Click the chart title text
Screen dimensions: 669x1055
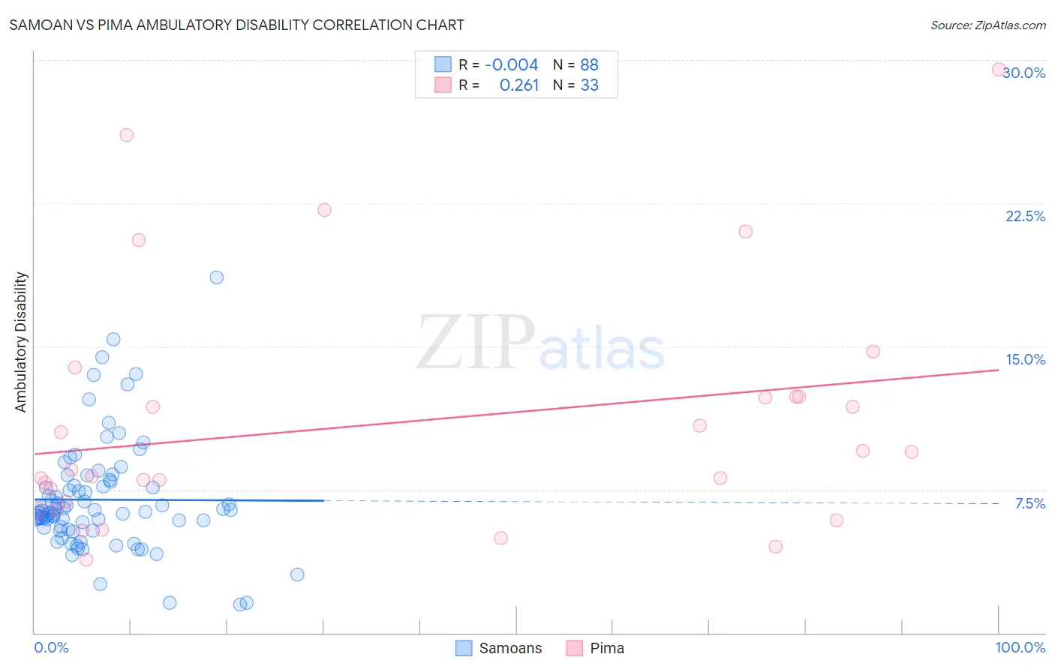(x=236, y=25)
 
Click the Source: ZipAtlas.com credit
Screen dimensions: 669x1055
(x=987, y=25)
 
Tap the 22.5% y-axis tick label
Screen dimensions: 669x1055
(x=1025, y=216)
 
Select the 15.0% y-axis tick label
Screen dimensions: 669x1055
(x=1025, y=359)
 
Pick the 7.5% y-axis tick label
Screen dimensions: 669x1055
(x=1029, y=503)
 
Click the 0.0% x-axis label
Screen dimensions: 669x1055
(x=51, y=647)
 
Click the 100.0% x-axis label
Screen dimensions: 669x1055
(x=1020, y=647)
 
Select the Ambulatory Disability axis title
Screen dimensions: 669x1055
(x=21, y=341)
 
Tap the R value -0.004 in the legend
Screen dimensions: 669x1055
(x=511, y=64)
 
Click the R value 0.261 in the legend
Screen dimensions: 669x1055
(x=519, y=85)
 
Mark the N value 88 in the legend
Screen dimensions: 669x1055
(x=589, y=64)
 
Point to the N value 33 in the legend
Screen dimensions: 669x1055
(x=589, y=85)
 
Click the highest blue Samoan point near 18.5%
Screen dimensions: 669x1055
(x=217, y=277)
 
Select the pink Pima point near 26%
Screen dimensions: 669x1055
(x=127, y=135)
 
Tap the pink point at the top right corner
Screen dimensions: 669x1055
(x=999, y=70)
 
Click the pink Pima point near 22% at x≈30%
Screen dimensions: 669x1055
(x=324, y=210)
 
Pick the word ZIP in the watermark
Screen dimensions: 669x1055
(x=476, y=343)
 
